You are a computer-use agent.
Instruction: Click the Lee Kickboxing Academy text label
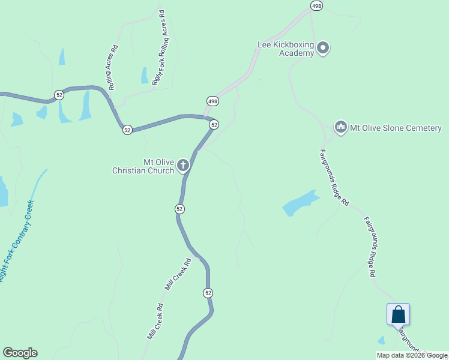tap(285, 49)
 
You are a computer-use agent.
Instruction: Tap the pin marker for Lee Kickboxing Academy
tap(324, 48)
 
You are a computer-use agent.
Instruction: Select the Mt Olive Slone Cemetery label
tap(396, 128)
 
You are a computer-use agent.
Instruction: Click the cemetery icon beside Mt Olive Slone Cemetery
tap(340, 127)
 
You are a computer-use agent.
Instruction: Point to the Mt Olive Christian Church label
tap(143, 166)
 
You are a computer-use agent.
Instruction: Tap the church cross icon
tap(184, 166)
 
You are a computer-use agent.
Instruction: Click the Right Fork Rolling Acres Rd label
tap(158, 48)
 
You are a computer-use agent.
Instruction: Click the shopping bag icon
tap(398, 314)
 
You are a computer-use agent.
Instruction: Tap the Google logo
tap(20, 353)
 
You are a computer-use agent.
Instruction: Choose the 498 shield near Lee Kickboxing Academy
tap(316, 5)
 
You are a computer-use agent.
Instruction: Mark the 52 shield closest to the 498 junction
tap(214, 124)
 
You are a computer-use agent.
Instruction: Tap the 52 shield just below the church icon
tap(179, 209)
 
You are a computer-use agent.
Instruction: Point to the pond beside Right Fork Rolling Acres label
tap(145, 76)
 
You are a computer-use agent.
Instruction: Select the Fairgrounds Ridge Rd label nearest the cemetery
tap(334, 178)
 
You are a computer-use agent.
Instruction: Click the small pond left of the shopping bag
tap(381, 340)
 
